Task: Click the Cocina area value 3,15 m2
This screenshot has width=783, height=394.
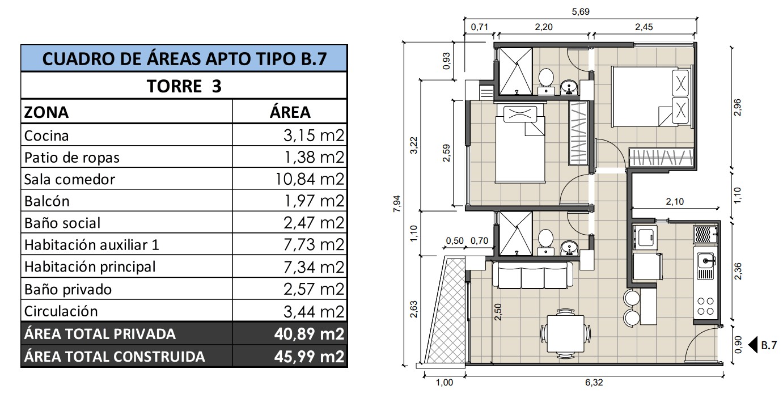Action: [x=314, y=135]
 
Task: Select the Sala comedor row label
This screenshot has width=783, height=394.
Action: [x=69, y=179]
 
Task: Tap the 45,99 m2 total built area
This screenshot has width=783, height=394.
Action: [x=309, y=356]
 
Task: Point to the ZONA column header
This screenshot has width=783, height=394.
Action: [x=46, y=112]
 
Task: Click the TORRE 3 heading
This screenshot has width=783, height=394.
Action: [x=184, y=86]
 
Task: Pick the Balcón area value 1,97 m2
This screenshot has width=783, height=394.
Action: [x=314, y=201]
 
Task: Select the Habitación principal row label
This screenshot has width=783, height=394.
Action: [x=90, y=267]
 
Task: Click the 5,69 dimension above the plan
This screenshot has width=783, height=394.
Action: [x=581, y=11]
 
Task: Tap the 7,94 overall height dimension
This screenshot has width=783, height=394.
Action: [x=397, y=204]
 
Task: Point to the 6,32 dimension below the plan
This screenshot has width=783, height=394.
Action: [x=594, y=383]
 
